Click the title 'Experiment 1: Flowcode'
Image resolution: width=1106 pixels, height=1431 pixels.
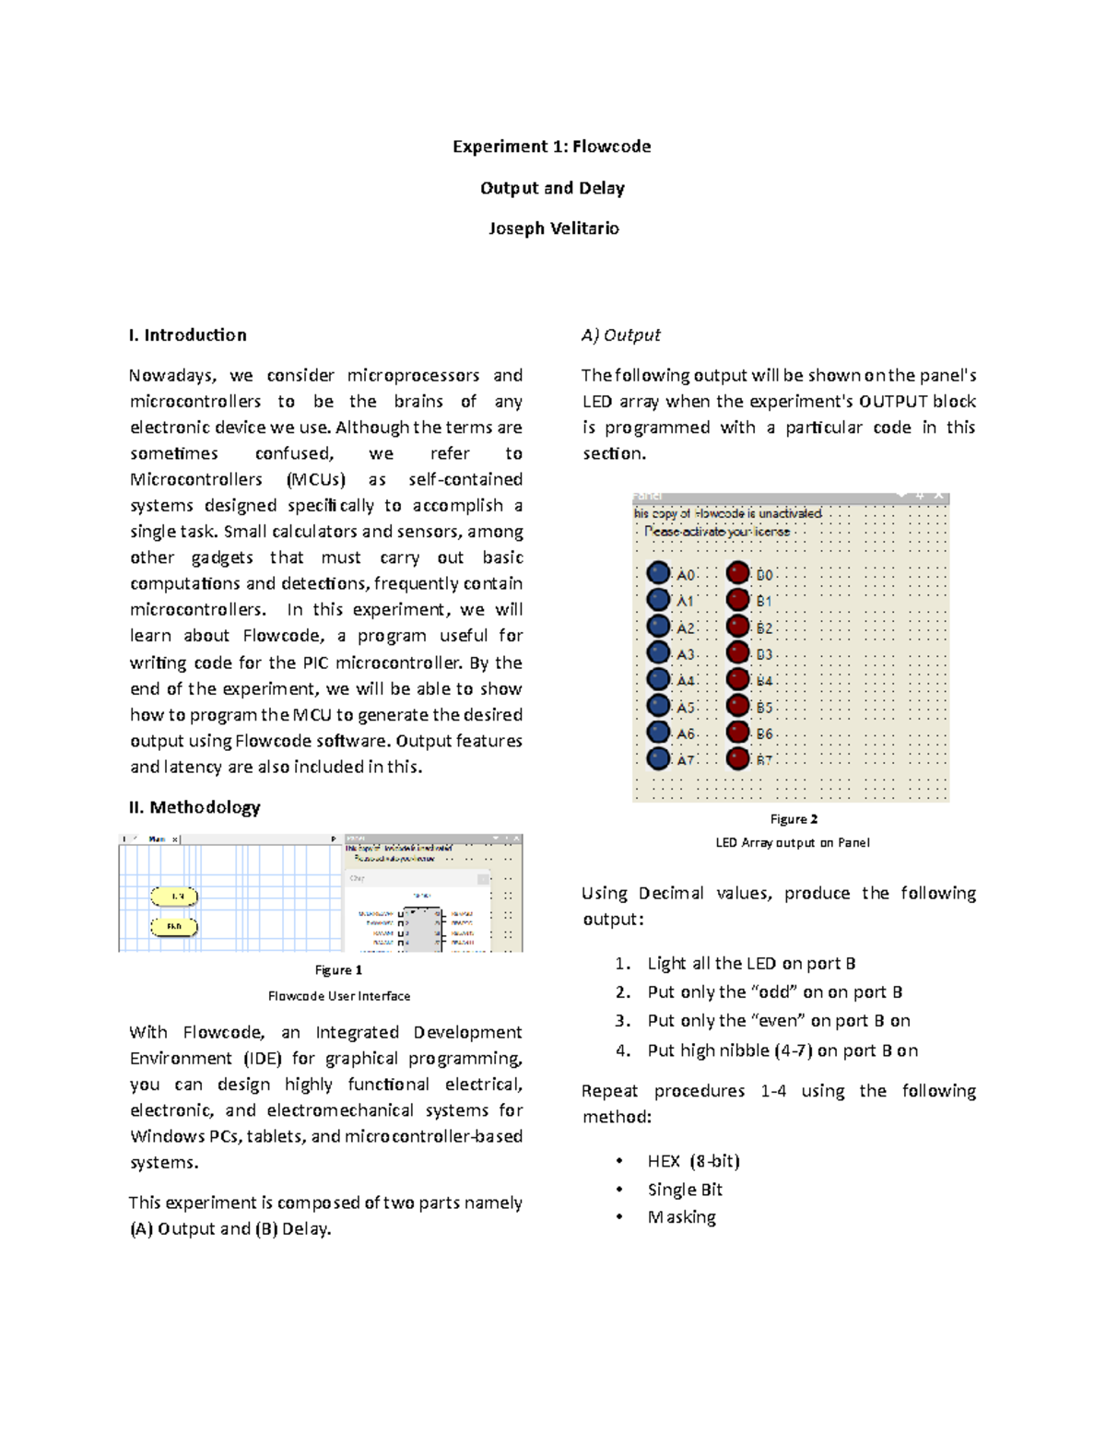(551, 147)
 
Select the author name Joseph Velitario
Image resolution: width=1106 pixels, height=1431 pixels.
(553, 229)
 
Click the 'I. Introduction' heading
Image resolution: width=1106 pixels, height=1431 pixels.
(188, 334)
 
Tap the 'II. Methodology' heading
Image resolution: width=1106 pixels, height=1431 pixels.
(194, 807)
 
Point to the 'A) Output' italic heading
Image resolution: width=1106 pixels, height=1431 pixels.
(620, 334)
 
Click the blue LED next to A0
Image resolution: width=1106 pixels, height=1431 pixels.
(658, 573)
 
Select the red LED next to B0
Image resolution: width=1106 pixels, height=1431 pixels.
(737, 573)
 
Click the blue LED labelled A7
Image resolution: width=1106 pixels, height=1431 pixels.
(658, 758)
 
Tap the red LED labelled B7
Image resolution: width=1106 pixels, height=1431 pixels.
(737, 758)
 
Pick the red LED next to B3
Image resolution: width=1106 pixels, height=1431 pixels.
(737, 652)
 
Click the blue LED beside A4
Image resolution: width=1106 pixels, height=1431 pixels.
(658, 679)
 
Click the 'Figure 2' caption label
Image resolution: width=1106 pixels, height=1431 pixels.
(794, 819)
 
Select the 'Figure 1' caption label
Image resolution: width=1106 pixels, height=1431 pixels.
(338, 970)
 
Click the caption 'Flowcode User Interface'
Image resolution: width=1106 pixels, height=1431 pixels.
(338, 996)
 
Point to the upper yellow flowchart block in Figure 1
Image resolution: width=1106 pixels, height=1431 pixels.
(174, 896)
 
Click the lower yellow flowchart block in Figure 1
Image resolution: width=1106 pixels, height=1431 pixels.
(174, 926)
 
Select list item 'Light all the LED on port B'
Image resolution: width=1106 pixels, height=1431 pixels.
(751, 963)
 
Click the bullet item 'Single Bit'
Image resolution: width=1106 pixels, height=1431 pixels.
(685, 1190)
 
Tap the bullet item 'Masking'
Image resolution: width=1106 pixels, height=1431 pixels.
(681, 1217)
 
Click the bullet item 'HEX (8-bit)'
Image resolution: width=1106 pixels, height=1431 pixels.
(693, 1161)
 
